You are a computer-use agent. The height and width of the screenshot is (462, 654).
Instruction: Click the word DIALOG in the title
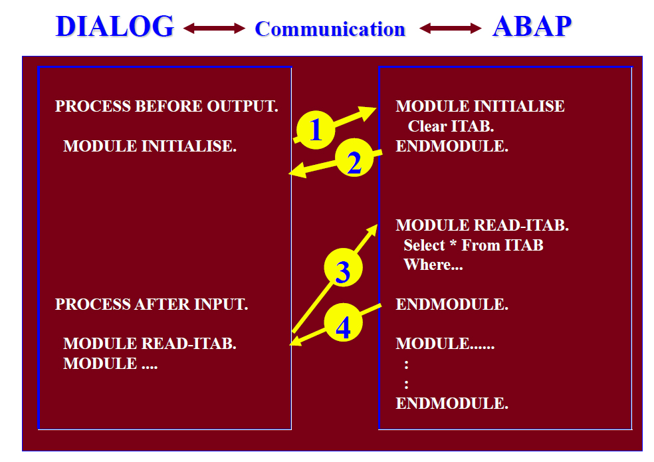pyautogui.click(x=115, y=27)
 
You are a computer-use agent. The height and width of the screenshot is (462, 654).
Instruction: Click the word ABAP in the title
pyautogui.click(x=532, y=27)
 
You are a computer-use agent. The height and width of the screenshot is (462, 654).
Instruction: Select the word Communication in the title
pyautogui.click(x=330, y=29)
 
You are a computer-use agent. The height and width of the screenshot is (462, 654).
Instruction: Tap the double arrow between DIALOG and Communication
pyautogui.click(x=215, y=29)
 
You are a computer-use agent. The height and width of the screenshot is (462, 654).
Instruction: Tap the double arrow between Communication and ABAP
pyautogui.click(x=451, y=29)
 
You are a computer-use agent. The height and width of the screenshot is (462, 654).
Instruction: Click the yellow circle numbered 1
pyautogui.click(x=316, y=130)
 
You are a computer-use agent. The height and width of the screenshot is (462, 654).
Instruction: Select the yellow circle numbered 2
pyautogui.click(x=354, y=158)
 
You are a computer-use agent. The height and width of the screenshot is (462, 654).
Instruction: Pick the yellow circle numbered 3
pyautogui.click(x=343, y=267)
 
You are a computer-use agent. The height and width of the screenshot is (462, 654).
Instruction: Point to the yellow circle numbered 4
pyautogui.click(x=343, y=322)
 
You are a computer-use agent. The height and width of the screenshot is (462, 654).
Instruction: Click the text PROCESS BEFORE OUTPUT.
pyautogui.click(x=166, y=106)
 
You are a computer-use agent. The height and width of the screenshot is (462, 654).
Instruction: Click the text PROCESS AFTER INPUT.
pyautogui.click(x=152, y=304)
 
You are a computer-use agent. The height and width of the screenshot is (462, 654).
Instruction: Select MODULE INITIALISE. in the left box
pyautogui.click(x=150, y=146)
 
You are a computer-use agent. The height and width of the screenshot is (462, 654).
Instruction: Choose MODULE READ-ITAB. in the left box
pyautogui.click(x=150, y=344)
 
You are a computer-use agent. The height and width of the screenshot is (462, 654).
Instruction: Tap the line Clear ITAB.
pyautogui.click(x=451, y=126)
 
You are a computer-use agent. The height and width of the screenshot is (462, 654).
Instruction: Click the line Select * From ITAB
pyautogui.click(x=473, y=245)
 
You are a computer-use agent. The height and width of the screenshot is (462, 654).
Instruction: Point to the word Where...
pyautogui.click(x=427, y=265)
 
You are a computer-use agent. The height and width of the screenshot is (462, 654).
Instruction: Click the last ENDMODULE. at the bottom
pyautogui.click(x=452, y=403)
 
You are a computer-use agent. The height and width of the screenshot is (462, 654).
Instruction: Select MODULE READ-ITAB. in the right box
pyautogui.click(x=482, y=225)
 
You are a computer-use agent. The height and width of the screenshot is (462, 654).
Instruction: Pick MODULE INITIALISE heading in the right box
pyautogui.click(x=480, y=106)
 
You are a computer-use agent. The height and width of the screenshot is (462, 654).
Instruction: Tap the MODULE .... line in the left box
pyautogui.click(x=110, y=364)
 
